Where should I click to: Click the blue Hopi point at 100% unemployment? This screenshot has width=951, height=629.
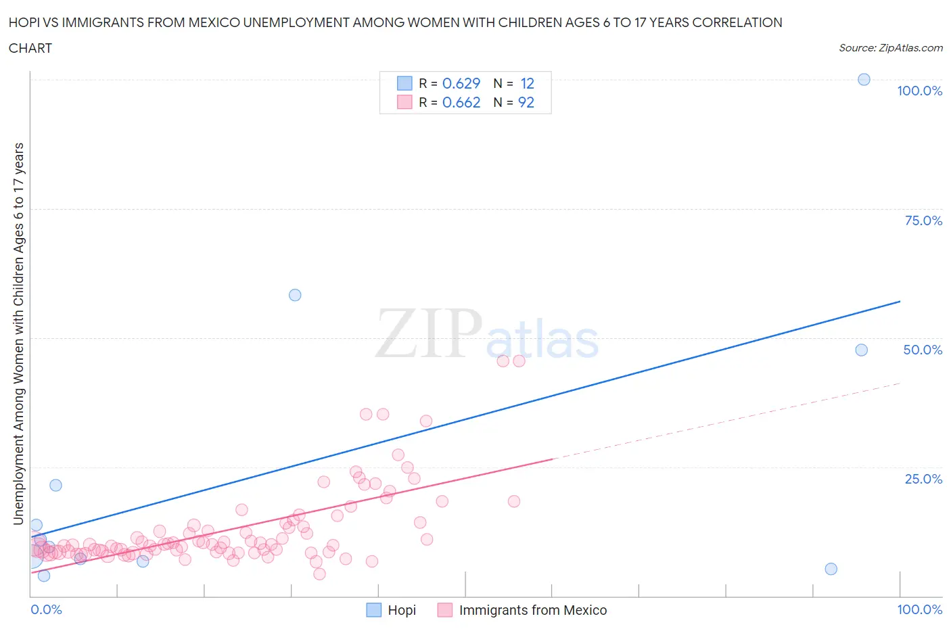(x=864, y=80)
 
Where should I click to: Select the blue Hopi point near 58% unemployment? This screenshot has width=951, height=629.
(x=295, y=295)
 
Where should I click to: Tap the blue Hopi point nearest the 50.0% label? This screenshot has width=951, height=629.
(x=861, y=350)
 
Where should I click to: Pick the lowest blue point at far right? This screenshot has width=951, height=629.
(x=831, y=569)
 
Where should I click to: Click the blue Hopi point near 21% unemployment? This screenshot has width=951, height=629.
(x=55, y=486)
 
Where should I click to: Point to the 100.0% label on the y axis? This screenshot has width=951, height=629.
(x=919, y=91)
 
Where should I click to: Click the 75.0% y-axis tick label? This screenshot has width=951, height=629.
(x=923, y=220)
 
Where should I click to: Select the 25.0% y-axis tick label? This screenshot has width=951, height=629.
(x=923, y=479)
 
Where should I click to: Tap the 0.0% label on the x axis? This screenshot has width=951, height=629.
(x=46, y=609)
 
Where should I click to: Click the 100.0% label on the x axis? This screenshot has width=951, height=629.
(x=919, y=609)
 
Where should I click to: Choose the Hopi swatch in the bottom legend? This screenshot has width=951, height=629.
(x=374, y=610)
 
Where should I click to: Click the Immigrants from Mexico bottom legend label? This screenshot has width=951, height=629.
(x=533, y=610)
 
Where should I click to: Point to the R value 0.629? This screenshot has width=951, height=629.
(x=461, y=83)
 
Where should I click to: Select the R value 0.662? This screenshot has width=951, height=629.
(x=461, y=102)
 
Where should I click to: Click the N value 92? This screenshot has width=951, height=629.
(x=526, y=102)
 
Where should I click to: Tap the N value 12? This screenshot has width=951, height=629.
(x=527, y=83)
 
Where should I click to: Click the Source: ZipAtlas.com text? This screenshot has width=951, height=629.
(x=890, y=47)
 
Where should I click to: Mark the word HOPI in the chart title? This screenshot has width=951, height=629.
(x=24, y=22)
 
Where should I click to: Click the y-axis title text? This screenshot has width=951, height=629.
(x=19, y=333)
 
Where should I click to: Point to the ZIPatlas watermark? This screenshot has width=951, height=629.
(x=487, y=335)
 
